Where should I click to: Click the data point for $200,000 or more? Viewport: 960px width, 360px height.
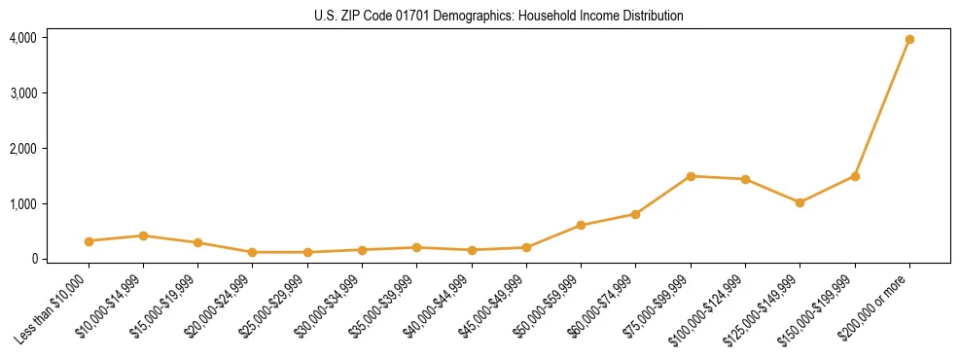(x=909, y=40)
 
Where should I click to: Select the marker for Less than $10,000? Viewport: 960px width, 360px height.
(x=89, y=241)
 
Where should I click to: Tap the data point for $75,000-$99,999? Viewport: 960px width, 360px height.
(x=691, y=176)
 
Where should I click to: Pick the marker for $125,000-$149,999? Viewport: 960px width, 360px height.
(x=800, y=202)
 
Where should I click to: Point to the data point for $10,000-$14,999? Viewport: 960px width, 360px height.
(x=143, y=235)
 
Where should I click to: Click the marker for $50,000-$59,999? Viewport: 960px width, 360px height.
(x=581, y=225)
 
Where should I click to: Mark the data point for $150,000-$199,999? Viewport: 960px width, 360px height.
(x=855, y=176)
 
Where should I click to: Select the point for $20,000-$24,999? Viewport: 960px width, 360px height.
(x=253, y=252)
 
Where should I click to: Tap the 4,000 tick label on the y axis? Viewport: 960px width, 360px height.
(x=23, y=38)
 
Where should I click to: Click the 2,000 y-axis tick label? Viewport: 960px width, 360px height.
(x=23, y=149)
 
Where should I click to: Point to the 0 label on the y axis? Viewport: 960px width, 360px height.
(x=33, y=259)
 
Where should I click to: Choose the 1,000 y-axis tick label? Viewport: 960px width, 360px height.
(x=23, y=204)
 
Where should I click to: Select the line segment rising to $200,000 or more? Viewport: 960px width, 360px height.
(x=882, y=108)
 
